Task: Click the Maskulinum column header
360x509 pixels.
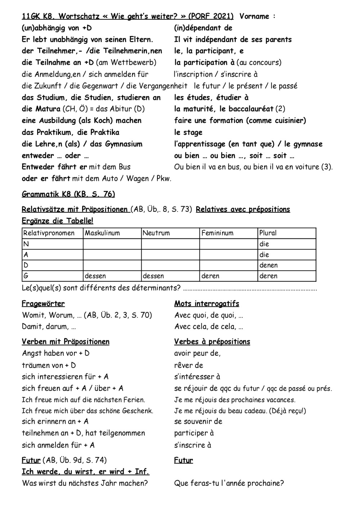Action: (102, 233)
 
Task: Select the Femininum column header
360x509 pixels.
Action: (217, 233)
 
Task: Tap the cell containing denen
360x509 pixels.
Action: (269, 265)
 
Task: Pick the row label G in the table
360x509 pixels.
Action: (26, 276)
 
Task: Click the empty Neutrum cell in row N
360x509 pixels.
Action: (170, 244)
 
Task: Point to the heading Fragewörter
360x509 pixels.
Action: (43, 304)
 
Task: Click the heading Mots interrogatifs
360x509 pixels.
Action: (207, 304)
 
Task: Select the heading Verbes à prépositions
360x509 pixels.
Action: (212, 342)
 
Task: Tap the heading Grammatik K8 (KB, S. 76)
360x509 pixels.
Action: (68, 194)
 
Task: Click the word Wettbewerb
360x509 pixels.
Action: (133, 63)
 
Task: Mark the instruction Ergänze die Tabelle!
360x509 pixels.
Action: (58, 221)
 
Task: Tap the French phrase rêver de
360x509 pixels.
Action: (189, 365)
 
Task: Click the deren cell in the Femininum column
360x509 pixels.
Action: (210, 276)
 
